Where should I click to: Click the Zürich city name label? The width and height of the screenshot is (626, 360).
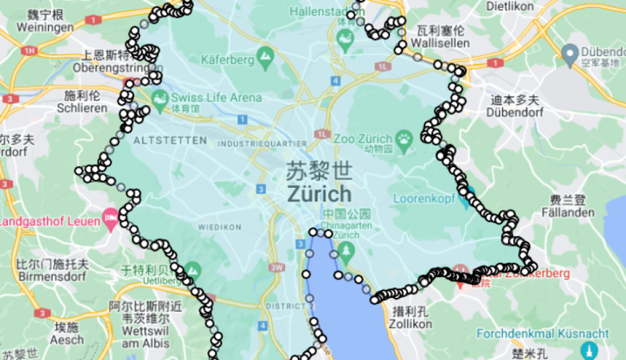coord(319,194)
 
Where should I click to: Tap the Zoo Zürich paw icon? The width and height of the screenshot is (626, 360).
coord(405,138)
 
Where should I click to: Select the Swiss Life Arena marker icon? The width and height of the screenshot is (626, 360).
coord(160,97)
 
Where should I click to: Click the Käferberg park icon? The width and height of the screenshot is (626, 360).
coord(266,54)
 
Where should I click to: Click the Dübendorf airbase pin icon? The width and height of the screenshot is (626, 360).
coord(570,52)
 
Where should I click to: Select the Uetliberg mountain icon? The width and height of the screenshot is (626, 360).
coord(192,270)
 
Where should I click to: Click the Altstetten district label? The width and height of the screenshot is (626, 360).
coord(170,140)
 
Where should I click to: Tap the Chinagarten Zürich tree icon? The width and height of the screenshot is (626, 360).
coord(347,249)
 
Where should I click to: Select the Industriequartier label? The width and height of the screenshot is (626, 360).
coord(263,144)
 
